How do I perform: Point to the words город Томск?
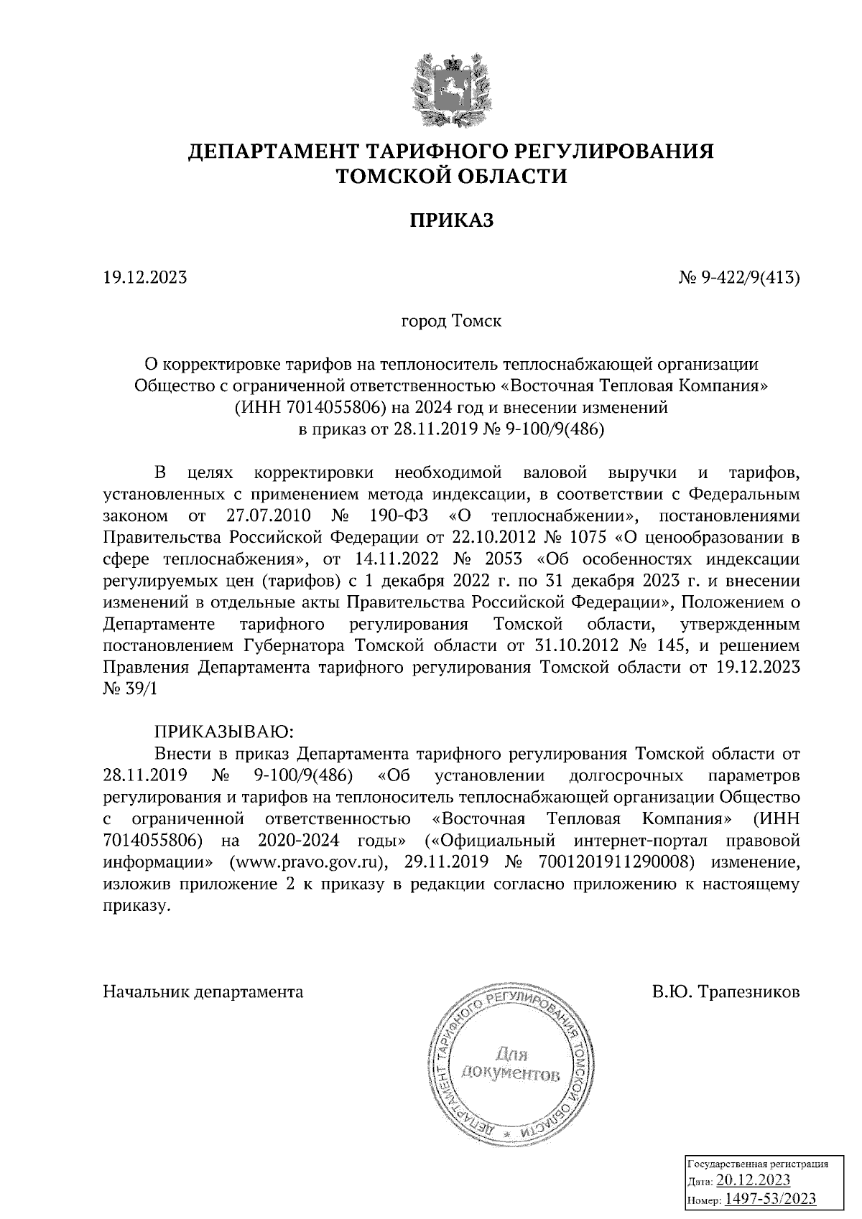click(451, 320)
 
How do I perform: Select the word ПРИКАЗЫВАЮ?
click(223, 732)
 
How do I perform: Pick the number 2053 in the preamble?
click(506, 559)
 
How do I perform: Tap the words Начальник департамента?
click(203, 993)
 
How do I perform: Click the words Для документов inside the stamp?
click(511, 1064)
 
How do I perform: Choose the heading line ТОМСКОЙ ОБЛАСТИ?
click(452, 177)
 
